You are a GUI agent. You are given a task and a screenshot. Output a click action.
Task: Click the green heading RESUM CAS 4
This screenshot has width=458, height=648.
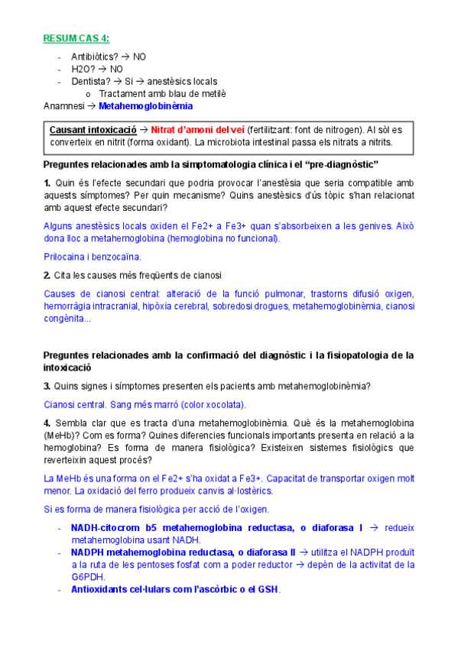(75, 39)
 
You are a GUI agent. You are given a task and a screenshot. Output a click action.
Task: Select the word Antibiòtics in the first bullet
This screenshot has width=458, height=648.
(95, 57)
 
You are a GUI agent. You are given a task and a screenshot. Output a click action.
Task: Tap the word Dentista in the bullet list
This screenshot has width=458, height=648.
(90, 82)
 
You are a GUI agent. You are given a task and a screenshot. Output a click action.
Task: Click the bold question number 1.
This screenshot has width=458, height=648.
(47, 183)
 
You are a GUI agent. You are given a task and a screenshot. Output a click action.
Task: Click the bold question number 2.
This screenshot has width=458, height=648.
(47, 275)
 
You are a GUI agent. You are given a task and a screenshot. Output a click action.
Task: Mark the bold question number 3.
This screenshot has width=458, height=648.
(47, 387)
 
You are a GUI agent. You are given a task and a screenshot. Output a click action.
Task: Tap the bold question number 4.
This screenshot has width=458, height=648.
(47, 423)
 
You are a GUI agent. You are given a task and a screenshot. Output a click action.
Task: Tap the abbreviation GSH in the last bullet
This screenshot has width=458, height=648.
(268, 589)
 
